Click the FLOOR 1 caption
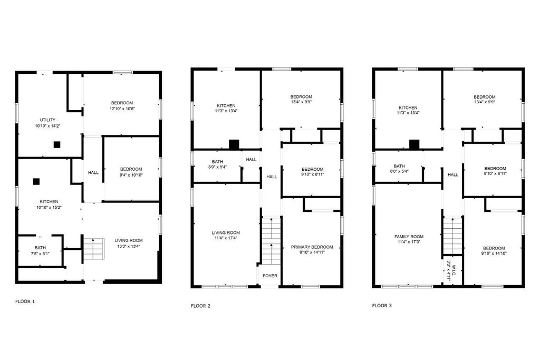pyautogui.click(x=25, y=301)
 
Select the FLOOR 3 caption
pyautogui.click(x=382, y=305)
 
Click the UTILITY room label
pyautogui.click(x=47, y=120)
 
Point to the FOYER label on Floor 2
pyautogui.click(x=270, y=276)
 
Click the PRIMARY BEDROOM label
pyautogui.click(x=312, y=247)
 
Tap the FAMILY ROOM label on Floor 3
pyautogui.click(x=409, y=237)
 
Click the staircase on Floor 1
pyautogui.click(x=93, y=249)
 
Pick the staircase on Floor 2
pyautogui.click(x=272, y=240)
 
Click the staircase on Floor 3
pyautogui.click(x=452, y=236)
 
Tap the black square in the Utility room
pyautogui.click(x=57, y=145)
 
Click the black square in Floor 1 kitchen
pyautogui.click(x=36, y=181)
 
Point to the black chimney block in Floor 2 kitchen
pyautogui.click(x=234, y=144)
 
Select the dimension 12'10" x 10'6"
pyautogui.click(x=122, y=109)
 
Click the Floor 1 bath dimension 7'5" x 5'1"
pyautogui.click(x=40, y=254)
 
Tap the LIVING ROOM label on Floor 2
pyautogui.click(x=226, y=232)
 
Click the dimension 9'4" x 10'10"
pyautogui.click(x=131, y=175)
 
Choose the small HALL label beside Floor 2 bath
pyautogui.click(x=252, y=159)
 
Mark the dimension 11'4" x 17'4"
pyautogui.click(x=226, y=238)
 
